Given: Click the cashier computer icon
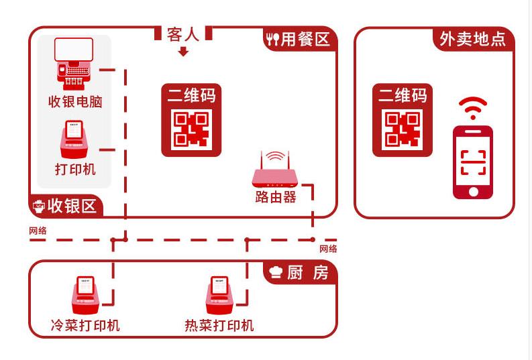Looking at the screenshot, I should point(74,64).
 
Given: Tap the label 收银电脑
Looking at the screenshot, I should point(74,102).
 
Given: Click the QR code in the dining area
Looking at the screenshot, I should point(191,129).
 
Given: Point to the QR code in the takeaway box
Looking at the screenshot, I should point(402,129).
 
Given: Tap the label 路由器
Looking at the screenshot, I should point(275,197).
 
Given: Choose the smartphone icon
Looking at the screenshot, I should point(472,162).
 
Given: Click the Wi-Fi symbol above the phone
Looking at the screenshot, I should point(472,107).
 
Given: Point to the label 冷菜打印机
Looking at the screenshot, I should point(85,325).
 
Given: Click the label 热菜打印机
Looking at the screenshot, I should point(219,326).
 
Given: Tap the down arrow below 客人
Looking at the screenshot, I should point(183,52).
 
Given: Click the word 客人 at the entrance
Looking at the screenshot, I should point(183,34).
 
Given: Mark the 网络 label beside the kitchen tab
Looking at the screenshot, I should point(328,249).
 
